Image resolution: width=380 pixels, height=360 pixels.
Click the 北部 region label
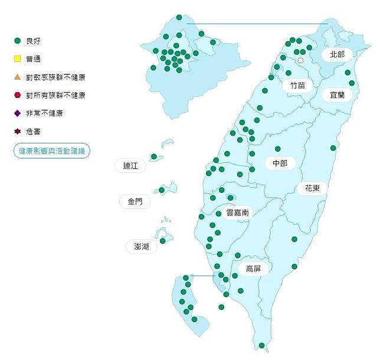point(337,54)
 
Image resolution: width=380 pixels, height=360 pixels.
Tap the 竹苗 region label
point(297,86)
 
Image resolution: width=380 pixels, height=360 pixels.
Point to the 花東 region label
point(312,188)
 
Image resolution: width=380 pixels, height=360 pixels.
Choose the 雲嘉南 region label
point(238,213)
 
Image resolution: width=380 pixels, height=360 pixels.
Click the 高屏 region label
point(253,269)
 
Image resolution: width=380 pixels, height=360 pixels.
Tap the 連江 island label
point(130,166)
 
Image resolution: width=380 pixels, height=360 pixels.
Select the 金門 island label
point(135,201)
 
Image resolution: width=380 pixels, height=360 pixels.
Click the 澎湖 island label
point(142,246)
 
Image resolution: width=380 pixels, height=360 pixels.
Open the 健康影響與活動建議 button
point(52,151)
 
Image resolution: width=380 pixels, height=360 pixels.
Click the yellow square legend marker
point(18,59)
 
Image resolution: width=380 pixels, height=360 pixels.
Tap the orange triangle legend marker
point(18,77)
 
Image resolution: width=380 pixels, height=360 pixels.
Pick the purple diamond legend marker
point(18,113)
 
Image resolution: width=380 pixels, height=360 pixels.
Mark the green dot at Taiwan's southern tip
point(262,345)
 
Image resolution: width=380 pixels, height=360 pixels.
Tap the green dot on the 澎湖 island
point(163,240)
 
